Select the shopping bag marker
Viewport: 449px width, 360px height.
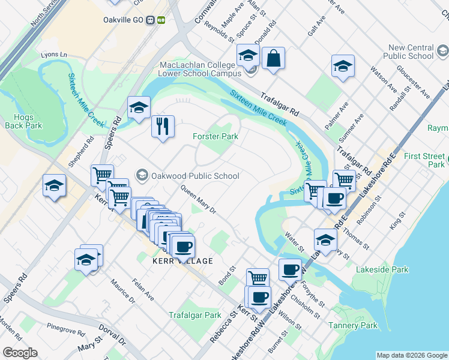273,58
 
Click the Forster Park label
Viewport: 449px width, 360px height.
215,136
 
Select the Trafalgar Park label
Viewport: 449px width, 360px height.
194,314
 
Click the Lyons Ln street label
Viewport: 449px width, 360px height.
53,55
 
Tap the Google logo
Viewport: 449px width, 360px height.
20,353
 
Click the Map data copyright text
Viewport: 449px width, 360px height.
411,355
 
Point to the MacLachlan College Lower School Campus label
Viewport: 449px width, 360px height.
202,69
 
